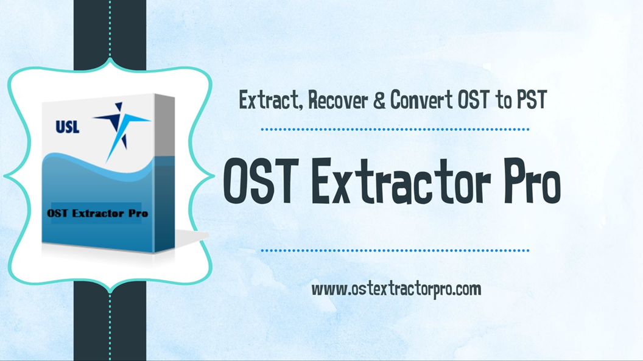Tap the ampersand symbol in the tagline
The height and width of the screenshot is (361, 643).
pyautogui.click(x=379, y=100)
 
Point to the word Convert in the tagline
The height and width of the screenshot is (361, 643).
pyautogui.click(x=421, y=100)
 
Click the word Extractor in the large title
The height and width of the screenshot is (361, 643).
pyautogui.click(x=401, y=181)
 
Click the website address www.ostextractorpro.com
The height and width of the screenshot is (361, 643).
pyautogui.click(x=396, y=289)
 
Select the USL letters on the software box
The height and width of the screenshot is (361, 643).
pyautogui.click(x=67, y=127)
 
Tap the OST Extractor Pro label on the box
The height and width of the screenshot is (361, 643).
pyautogui.click(x=97, y=214)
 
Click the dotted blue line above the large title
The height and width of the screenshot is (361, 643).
pyautogui.click(x=395, y=130)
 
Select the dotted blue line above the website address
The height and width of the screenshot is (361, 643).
pyautogui.click(x=395, y=250)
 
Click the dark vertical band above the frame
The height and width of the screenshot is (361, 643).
pyautogui.click(x=110, y=33)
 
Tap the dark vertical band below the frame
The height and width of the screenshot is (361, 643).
pyautogui.click(x=110, y=324)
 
